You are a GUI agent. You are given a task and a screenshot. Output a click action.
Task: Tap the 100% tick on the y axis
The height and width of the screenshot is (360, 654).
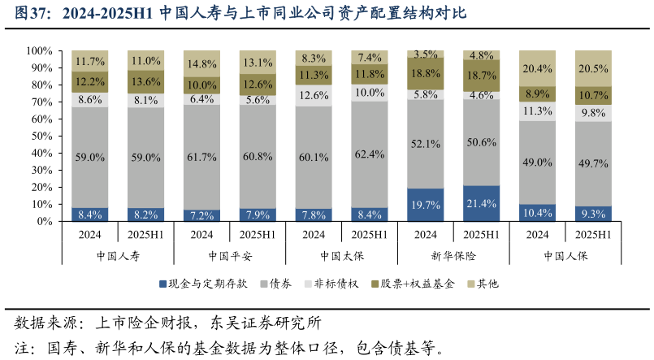pos(39,50)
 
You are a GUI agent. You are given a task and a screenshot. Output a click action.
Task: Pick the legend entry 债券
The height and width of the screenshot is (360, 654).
pos(275,284)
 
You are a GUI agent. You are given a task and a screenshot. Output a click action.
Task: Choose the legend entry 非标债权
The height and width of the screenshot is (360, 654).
pos(332,284)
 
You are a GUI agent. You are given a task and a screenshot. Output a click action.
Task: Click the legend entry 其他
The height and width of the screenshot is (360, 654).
pos(482,284)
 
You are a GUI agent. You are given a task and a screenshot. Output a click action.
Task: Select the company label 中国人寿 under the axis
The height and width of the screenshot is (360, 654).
pos(118,255)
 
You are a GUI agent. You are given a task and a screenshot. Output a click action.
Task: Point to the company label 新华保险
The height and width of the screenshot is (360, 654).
pos(453,255)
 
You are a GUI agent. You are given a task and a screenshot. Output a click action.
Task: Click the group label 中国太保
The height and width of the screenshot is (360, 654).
pos(341,255)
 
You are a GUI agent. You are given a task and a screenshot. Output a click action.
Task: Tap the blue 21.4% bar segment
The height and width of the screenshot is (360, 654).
pos(482,203)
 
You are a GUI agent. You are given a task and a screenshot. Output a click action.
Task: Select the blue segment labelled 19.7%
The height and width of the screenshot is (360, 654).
pos(426,205)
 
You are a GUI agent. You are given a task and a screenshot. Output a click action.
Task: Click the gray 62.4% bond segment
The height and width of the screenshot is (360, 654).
pos(370,154)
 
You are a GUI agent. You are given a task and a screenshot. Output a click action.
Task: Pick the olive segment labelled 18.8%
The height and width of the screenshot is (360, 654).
pos(426,73)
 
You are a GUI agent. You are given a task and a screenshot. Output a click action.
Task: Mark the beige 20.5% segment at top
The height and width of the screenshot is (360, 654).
pos(593,68)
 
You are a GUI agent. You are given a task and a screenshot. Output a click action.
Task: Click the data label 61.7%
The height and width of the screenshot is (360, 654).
pos(202,155)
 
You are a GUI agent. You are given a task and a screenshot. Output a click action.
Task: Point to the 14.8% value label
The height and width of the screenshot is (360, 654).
pos(202,63)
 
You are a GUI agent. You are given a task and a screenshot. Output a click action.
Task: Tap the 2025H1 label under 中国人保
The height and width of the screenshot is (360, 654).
pos(593,235)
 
